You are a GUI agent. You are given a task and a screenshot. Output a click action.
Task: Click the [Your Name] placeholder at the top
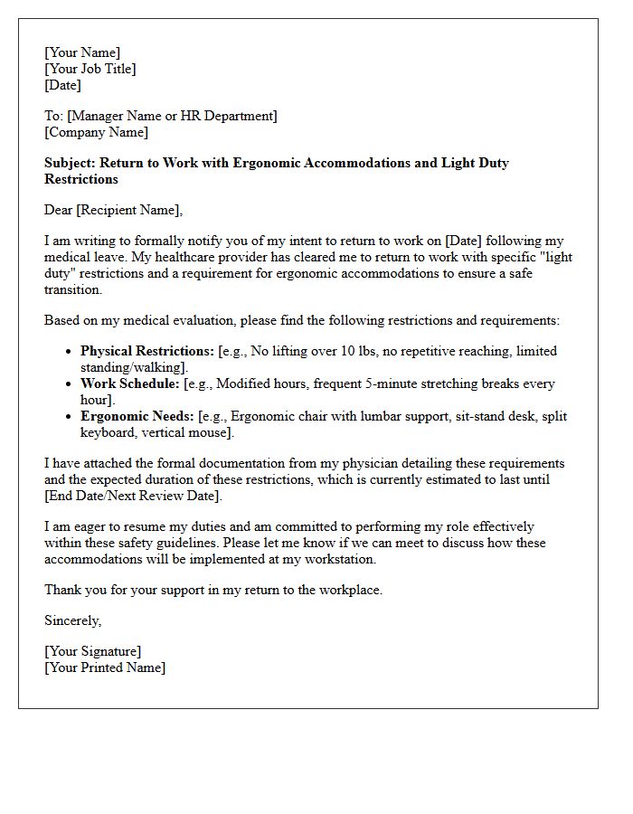pos(82,52)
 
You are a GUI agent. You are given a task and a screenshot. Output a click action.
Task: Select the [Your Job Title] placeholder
pos(90,69)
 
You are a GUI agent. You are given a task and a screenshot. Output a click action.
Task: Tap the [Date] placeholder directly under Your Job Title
pos(62,85)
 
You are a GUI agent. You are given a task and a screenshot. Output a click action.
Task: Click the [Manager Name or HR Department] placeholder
pos(173,116)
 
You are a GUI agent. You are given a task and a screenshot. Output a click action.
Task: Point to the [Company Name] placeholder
pos(97,132)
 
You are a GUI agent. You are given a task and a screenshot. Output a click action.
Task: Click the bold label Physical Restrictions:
pos(147,351)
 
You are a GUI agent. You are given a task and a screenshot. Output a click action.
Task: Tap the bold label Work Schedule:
pos(130,383)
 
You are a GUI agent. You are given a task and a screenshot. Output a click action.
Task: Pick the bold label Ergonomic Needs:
pos(136,416)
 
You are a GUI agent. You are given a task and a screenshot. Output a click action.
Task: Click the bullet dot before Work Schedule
pos(70,384)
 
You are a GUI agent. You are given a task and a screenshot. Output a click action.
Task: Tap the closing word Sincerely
pos(72,620)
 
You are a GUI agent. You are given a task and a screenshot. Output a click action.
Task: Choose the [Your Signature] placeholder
pos(93,651)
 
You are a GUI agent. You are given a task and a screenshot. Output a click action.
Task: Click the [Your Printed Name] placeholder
pos(105,667)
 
